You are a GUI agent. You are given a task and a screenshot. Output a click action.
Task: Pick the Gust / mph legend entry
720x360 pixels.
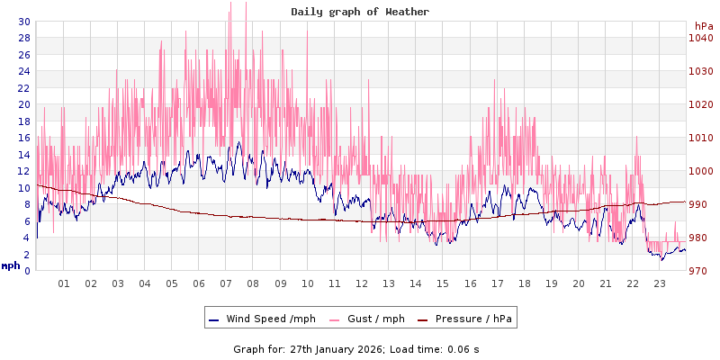366,318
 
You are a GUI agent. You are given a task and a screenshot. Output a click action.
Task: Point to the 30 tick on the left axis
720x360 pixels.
23,22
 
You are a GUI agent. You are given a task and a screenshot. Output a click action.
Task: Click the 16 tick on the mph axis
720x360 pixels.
23,138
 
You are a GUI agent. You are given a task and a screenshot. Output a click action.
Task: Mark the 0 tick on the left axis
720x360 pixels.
27,271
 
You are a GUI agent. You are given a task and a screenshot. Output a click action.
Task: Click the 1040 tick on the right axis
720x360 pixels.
701,38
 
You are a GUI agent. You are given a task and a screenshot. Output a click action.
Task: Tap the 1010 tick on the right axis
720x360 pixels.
701,138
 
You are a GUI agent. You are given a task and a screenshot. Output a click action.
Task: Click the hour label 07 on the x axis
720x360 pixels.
226,283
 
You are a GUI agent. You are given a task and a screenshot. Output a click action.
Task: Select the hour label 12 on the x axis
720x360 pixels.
362,283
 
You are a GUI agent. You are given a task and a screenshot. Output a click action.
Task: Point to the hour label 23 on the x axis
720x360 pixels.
660,283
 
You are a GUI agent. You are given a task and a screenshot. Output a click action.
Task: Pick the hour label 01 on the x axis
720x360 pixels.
64,283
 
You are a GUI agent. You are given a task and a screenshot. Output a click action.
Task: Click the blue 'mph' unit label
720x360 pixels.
11,265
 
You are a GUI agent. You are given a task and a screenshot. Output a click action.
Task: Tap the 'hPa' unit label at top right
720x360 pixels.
703,26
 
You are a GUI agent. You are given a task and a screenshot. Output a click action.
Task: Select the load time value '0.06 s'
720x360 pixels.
463,348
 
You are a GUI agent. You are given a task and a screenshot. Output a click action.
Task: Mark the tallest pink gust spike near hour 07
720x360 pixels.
231,4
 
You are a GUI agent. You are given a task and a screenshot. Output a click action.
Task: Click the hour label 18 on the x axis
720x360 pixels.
524,283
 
